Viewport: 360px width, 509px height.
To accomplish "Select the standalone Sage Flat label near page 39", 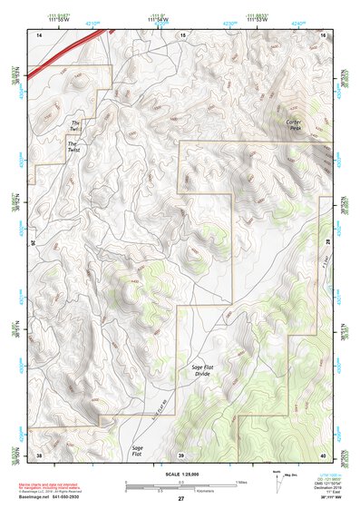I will [x=138, y=450].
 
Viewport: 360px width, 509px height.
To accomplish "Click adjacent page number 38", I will [x=39, y=455].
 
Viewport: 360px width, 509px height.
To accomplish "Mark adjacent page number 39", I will [x=180, y=455].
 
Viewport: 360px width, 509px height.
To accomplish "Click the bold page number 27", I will [x=180, y=499].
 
